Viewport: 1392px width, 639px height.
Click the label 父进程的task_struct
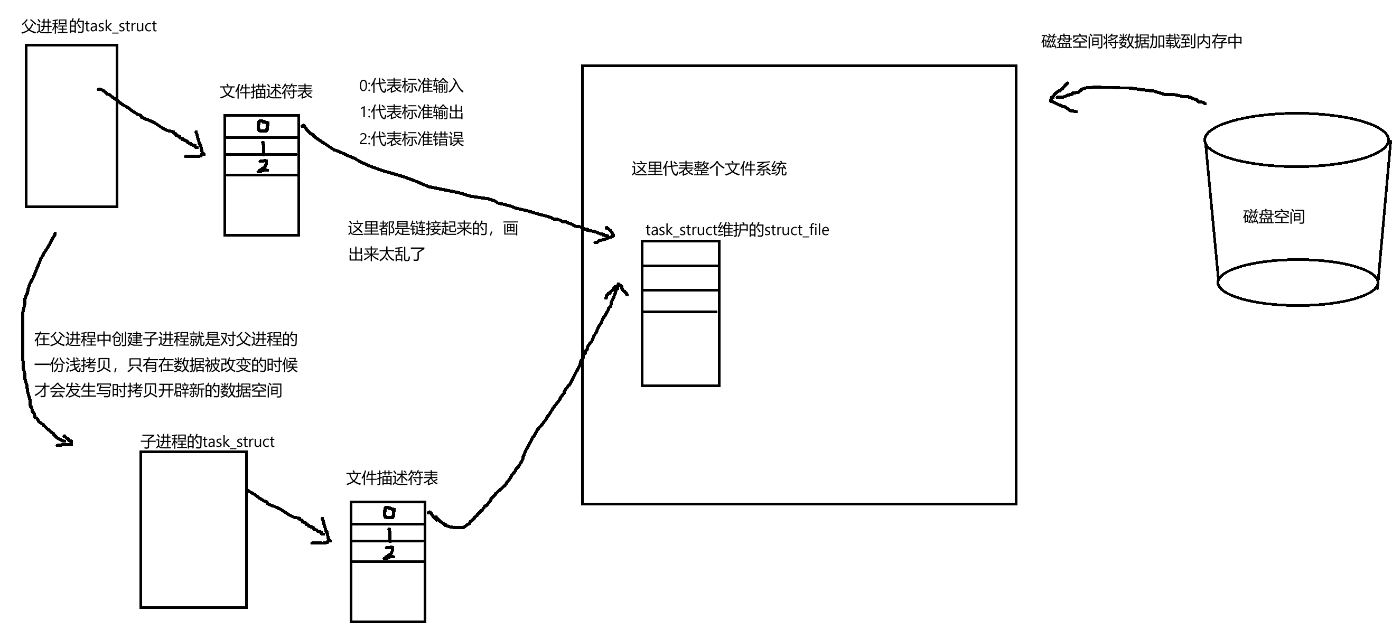89,26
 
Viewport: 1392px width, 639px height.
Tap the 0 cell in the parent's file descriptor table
262,126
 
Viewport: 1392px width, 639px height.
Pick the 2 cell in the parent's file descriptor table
262,166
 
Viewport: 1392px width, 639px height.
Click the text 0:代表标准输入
411,86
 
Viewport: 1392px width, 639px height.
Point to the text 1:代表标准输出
411,112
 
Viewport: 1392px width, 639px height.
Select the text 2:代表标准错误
411,139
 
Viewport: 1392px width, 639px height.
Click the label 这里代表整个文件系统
708,169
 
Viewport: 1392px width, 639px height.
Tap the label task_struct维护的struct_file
737,230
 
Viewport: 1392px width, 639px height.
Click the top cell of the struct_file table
680,253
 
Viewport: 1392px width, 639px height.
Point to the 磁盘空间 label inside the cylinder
1274,217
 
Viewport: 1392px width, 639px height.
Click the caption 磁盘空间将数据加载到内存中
1141,42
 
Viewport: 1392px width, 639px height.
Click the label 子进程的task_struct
207,442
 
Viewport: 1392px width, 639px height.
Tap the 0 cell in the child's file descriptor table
388,513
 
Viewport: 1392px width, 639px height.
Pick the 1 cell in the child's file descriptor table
388,533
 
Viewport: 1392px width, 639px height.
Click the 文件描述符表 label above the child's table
392,478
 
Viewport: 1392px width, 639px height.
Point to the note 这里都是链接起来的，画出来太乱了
432,241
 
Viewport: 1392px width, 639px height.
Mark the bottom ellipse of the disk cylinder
1297,283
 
